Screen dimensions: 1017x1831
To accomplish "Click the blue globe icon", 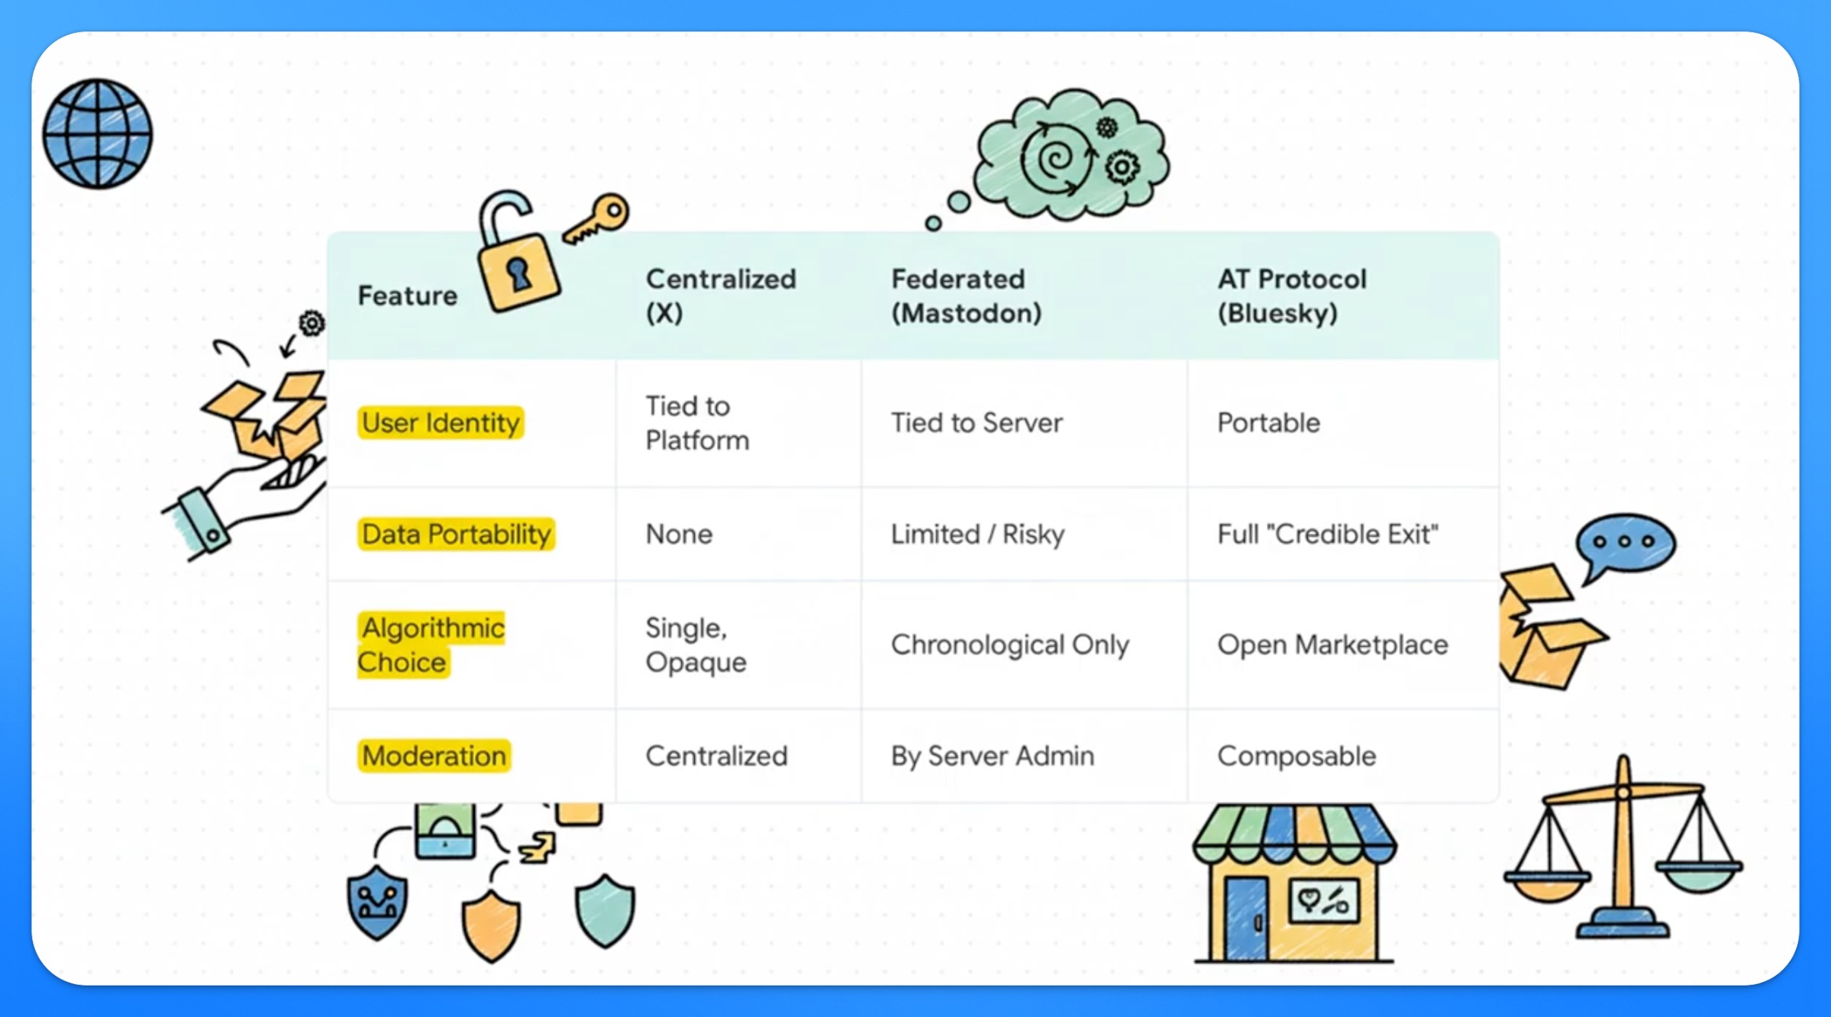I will [x=98, y=134].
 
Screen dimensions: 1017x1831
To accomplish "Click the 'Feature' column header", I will [x=408, y=295].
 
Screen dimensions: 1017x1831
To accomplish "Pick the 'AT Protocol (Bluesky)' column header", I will [x=1292, y=296].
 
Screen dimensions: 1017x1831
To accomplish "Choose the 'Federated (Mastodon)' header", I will [x=966, y=296].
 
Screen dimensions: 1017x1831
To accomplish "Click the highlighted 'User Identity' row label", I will [x=441, y=422].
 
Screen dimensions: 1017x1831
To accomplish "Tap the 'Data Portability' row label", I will [x=456, y=534].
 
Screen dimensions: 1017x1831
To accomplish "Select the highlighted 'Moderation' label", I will [x=434, y=756].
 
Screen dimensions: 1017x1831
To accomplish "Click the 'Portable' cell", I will [x=1268, y=422].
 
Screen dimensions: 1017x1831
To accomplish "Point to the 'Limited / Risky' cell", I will [x=977, y=534].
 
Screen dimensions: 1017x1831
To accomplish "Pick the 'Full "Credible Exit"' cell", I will [x=1328, y=534].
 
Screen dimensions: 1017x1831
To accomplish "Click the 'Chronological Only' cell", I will [x=1009, y=645].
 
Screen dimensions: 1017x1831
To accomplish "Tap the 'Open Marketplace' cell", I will [x=1332, y=645].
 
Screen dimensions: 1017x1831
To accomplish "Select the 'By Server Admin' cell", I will [x=992, y=756].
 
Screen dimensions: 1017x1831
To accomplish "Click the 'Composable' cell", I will [x=1297, y=756].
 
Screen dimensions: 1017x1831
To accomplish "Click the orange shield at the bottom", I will [x=491, y=924].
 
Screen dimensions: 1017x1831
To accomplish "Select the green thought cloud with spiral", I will [x=1072, y=157].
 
